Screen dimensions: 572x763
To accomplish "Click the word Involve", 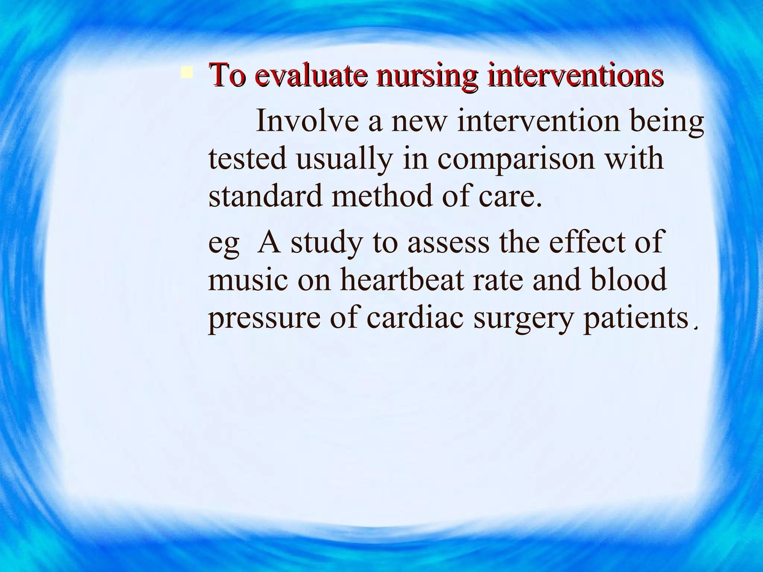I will pyautogui.click(x=307, y=121).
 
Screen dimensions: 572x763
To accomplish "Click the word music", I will pyautogui.click(x=248, y=280).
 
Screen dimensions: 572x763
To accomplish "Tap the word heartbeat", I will pyautogui.click(x=402, y=280).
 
